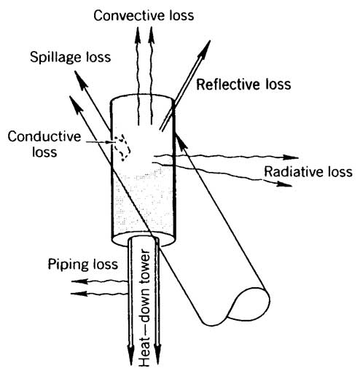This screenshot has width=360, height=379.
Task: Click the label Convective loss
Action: [x=144, y=15]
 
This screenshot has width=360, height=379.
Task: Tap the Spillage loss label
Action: [x=71, y=58]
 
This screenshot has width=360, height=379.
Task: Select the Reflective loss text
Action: [x=243, y=85]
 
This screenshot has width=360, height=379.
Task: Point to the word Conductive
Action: [x=44, y=136]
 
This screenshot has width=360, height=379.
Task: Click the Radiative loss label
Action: [x=308, y=171]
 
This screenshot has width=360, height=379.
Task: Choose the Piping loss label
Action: [x=83, y=265]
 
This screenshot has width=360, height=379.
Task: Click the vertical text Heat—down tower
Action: [x=144, y=308]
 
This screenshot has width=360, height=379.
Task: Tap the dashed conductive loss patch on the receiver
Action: [x=123, y=147]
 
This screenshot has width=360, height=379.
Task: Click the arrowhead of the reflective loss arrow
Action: [x=205, y=49]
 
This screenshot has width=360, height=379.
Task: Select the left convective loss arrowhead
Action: [x=138, y=35]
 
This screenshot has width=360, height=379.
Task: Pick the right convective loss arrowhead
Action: [x=152, y=35]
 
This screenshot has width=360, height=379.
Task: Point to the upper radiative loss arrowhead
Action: [x=291, y=157]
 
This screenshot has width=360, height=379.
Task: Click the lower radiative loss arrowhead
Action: [x=284, y=184]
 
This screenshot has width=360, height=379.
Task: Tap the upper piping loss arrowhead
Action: [x=79, y=281]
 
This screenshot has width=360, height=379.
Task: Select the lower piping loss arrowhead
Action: [x=79, y=294]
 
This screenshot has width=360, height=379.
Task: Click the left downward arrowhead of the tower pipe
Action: [x=131, y=356]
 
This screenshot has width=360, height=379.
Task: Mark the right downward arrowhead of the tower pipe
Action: [x=157, y=356]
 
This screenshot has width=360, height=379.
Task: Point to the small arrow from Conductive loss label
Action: [x=100, y=142]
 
